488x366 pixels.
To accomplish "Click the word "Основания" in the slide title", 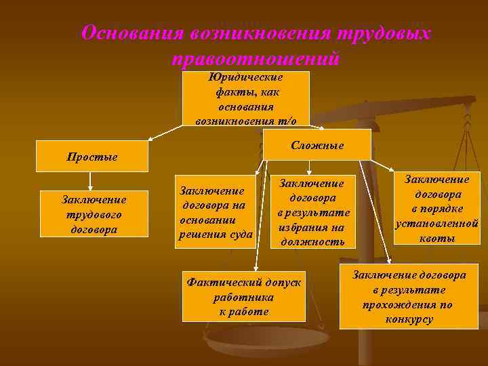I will tap(132, 33).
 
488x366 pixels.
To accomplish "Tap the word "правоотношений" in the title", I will tap(256, 59).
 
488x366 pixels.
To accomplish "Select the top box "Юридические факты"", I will tap(246, 98).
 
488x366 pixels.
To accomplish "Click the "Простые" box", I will tap(91, 157).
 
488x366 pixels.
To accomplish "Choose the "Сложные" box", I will tap(317, 145).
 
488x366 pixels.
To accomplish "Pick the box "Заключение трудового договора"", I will tap(94, 213).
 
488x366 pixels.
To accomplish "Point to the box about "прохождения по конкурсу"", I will tap(408, 298).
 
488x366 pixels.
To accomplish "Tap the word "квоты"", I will tap(436, 238).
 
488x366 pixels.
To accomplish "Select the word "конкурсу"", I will tap(409, 319).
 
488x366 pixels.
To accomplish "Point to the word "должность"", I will tap(312, 241).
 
